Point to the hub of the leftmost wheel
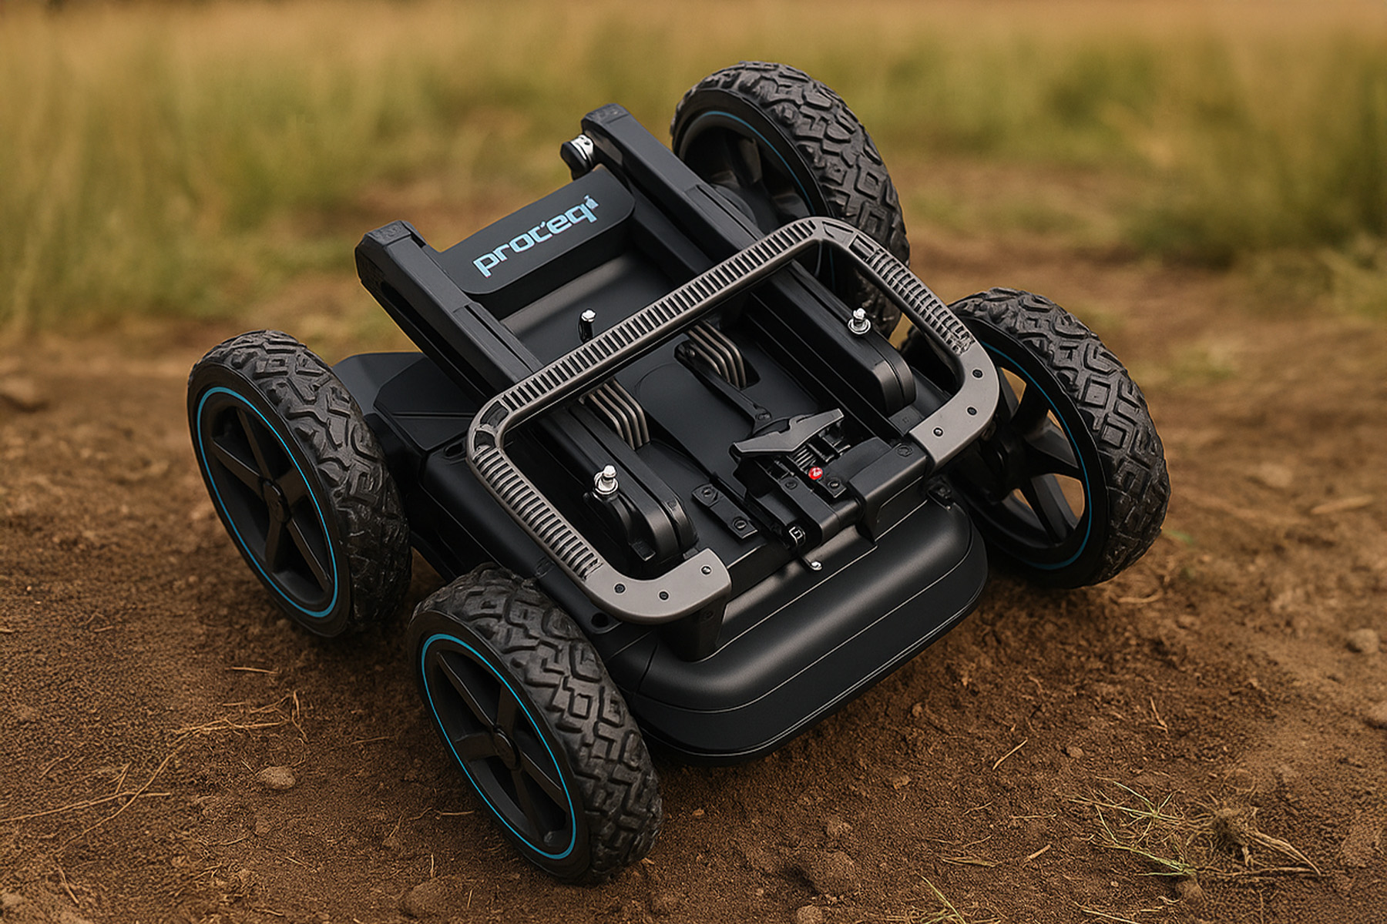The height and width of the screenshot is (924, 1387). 274,493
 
